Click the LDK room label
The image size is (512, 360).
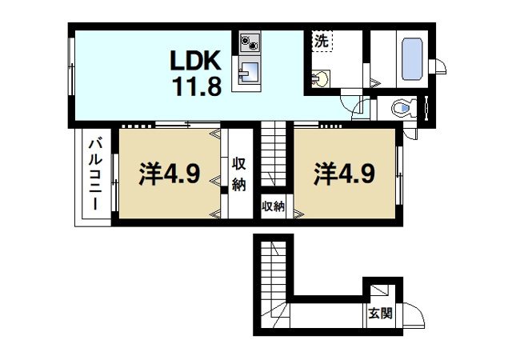point(196,61)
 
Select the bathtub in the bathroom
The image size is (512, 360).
point(412,59)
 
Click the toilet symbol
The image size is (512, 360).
point(405,108)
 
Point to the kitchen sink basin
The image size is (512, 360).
point(250,71)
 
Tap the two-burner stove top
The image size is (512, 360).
point(250,42)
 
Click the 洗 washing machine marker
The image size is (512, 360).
point(322,41)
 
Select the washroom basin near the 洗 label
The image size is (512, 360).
point(320,78)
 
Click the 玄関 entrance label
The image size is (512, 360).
point(381,314)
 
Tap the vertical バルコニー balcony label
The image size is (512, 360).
point(95,174)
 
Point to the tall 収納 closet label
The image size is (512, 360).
point(239,174)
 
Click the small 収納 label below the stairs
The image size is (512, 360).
point(273,206)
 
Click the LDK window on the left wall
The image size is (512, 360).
point(71,67)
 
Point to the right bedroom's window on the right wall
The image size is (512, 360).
point(399,175)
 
